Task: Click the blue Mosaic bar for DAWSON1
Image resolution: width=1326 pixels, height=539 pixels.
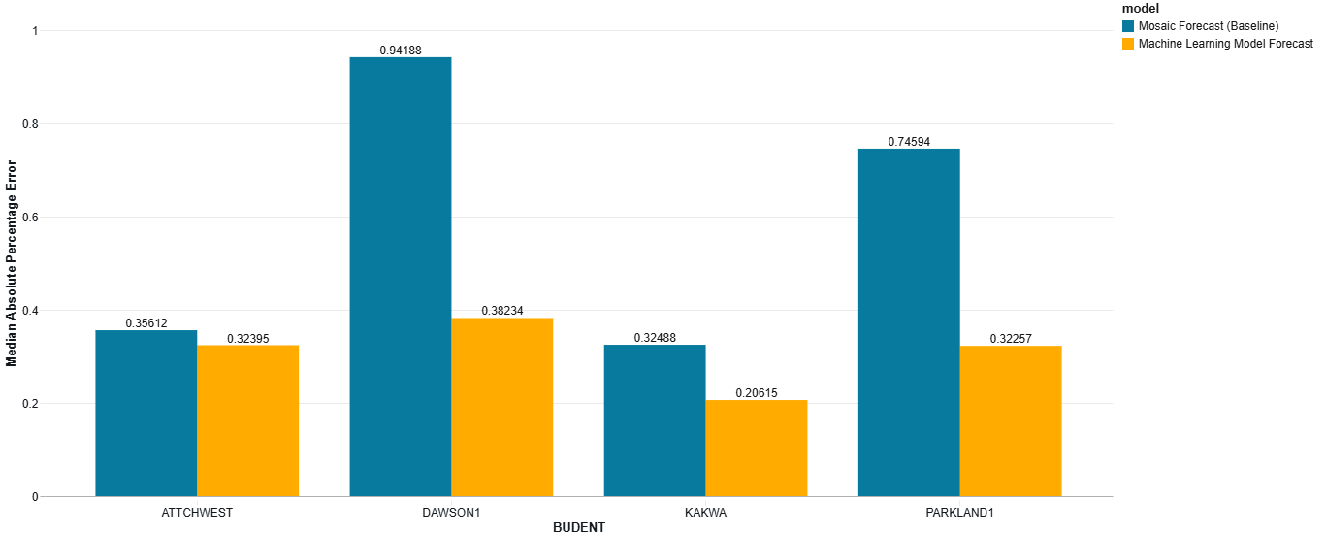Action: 401,277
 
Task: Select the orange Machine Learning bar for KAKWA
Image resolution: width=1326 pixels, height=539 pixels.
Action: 756,448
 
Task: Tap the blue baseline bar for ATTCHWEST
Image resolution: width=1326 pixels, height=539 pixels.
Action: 146,413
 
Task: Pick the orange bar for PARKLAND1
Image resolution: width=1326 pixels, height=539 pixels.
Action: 1010,421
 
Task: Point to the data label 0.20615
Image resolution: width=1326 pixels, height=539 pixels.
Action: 756,393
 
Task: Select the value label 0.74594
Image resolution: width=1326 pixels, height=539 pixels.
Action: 909,142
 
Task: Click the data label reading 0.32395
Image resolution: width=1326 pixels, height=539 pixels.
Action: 248,339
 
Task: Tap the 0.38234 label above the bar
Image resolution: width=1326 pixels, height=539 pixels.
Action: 502,312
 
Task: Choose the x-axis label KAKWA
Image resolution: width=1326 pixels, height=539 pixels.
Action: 705,512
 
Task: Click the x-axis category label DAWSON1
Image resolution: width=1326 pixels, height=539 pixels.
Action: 451,512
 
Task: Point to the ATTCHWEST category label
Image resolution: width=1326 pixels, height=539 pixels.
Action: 197,512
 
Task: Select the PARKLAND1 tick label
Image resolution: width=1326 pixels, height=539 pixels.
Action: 959,512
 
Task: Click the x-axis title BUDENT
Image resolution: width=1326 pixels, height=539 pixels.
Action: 578,528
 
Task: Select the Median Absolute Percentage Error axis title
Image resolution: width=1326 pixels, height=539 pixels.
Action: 12,264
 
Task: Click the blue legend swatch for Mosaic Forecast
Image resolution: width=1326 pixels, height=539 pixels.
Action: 1128,26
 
